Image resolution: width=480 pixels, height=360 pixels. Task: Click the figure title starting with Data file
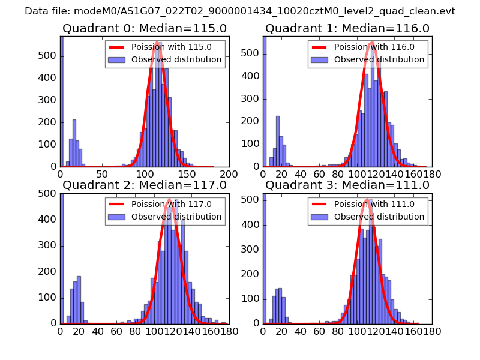pos(240,11)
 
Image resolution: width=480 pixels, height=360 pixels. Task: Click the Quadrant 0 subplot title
pos(144,29)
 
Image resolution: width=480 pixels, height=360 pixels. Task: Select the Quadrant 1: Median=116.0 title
pos(347,29)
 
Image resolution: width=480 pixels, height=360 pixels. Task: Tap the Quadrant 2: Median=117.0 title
pos(144,185)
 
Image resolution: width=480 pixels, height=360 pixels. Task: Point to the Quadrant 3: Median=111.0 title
pos(347,185)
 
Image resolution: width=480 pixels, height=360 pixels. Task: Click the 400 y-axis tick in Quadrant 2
pos(49,220)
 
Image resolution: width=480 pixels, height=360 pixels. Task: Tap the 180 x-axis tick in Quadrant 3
pos(432,330)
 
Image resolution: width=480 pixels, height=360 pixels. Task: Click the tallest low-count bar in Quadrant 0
pos(74,144)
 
